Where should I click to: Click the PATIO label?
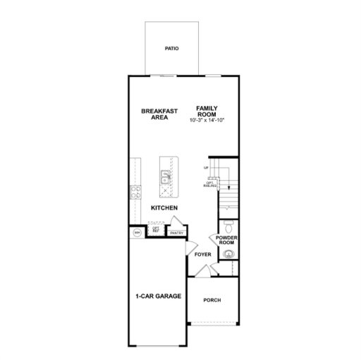pos(171,49)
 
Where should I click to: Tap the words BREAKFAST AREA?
pos(159,114)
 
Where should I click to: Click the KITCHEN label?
pos(164,208)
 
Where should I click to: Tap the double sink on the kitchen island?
pos(166,175)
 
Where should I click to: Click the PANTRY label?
pos(176,232)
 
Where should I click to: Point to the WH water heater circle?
pos(136,232)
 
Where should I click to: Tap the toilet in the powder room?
pos(227,226)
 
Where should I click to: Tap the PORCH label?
pos(212,300)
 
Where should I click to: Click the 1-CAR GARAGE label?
pos(158,296)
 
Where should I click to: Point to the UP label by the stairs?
pos(206,168)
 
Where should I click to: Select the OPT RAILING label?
pos(210,185)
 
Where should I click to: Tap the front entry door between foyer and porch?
pos(202,270)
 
